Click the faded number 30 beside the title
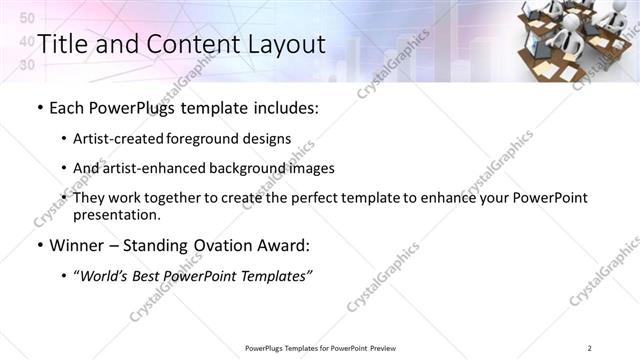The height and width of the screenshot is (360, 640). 27,65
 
